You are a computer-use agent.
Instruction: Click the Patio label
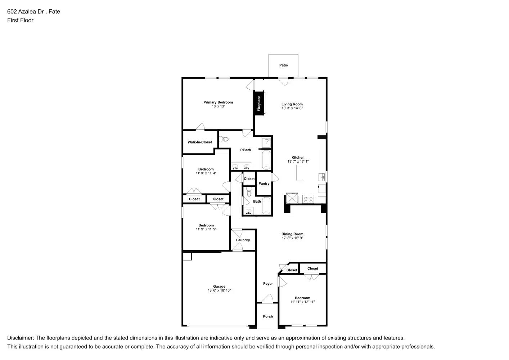coord(283,65)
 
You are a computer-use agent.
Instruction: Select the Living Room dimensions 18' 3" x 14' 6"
coord(292,108)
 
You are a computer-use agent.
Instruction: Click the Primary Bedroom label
coord(218,102)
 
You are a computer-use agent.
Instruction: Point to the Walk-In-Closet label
coord(200,142)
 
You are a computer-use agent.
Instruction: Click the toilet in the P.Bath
coord(224,139)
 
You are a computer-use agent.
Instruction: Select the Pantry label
coord(264,184)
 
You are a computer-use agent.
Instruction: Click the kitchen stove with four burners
coord(308,199)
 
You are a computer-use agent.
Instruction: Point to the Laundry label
coord(243,240)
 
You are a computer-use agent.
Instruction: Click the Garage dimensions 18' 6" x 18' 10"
coord(219,291)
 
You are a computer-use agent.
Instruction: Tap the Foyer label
coord(268,284)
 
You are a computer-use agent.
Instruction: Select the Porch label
coord(268,316)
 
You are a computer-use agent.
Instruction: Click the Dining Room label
coord(292,234)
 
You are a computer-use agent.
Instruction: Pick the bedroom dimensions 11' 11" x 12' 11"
coord(302,302)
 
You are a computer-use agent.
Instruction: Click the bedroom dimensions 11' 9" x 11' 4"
coord(206,173)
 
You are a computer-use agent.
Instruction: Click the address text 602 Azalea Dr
coord(26,12)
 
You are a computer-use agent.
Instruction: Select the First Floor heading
coord(20,20)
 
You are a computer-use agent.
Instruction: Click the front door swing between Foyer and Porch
coord(267,299)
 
